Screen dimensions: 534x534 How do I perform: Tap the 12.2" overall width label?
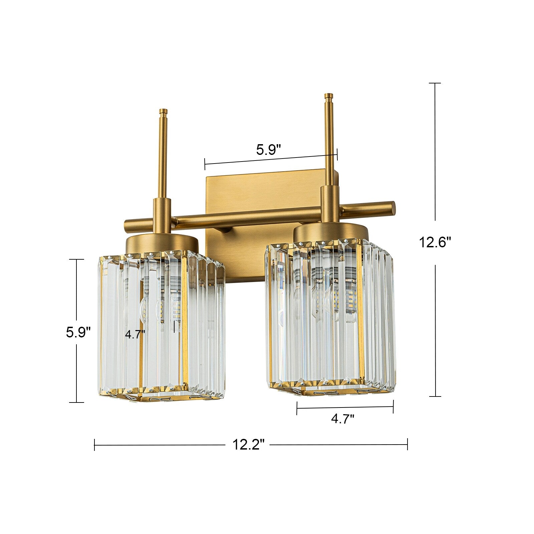pos(248,445)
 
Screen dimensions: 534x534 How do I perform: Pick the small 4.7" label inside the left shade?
pos(135,334)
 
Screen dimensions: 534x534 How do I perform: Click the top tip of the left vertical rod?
pos(163,111)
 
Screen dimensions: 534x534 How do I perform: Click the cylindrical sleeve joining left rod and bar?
pos(162,214)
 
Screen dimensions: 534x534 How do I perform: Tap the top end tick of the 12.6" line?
pos(435,83)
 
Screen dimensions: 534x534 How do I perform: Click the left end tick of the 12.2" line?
pos(95,445)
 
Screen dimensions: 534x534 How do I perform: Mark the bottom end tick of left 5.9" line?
pos(77,403)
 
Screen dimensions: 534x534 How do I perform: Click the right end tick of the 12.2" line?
pos(407,445)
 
